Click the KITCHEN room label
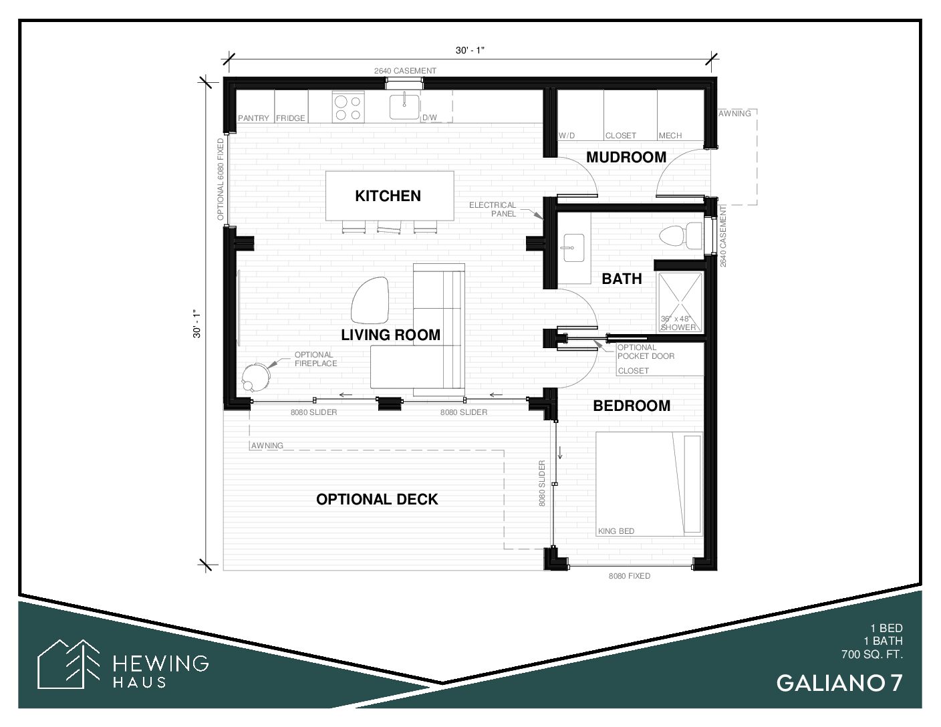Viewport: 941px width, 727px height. click(x=388, y=196)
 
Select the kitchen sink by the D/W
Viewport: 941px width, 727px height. click(x=404, y=106)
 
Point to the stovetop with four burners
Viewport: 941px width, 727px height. click(x=348, y=107)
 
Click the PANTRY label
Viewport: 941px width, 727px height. click(x=253, y=118)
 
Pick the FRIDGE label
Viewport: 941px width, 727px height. click(x=291, y=118)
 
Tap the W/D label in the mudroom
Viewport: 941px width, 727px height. click(x=567, y=136)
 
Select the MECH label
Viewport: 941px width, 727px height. click(x=670, y=136)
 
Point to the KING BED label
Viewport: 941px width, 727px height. click(x=616, y=531)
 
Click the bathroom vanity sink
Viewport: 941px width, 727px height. click(x=574, y=248)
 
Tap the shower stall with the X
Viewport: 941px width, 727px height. click(x=680, y=302)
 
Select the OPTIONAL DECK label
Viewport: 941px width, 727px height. click(x=377, y=500)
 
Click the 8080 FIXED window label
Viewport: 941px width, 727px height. click(x=629, y=576)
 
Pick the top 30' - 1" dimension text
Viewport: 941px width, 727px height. click(x=470, y=50)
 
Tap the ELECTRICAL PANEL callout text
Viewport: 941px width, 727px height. click(x=493, y=209)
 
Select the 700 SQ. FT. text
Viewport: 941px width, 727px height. click(x=872, y=654)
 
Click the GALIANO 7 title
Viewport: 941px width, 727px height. click(x=839, y=684)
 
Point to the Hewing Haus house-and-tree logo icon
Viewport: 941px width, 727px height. click(x=68, y=664)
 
